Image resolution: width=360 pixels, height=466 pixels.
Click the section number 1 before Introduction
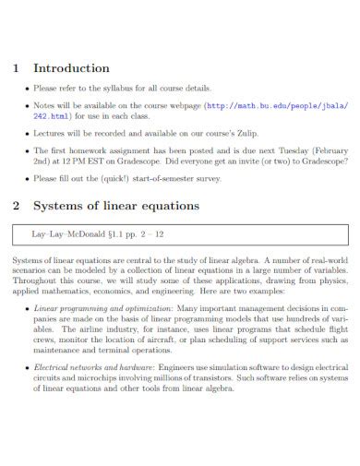pos(16,68)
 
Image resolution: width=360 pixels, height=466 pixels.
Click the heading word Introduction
pos(72,68)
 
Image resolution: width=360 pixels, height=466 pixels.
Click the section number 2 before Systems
pos(16,206)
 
